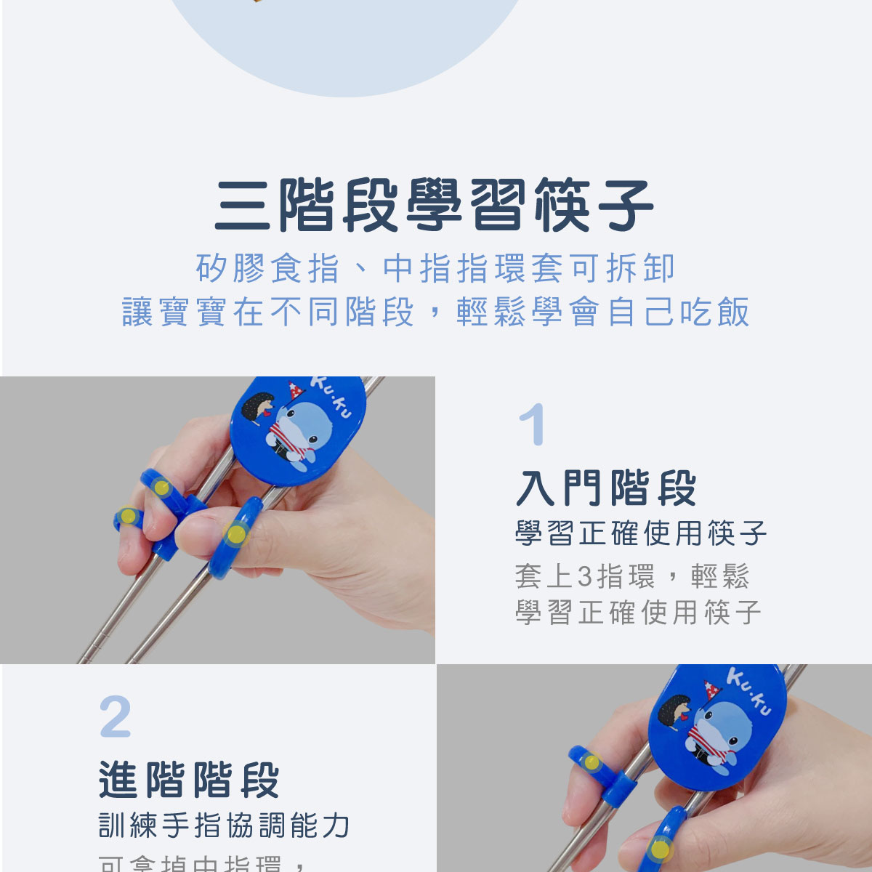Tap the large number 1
click(532, 425)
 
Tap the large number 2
click(116, 717)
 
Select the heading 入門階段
click(607, 488)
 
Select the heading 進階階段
click(190, 780)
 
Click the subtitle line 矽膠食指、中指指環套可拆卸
click(435, 268)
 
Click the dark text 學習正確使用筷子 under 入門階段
click(641, 533)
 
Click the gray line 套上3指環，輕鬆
click(631, 576)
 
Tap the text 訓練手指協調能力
click(225, 825)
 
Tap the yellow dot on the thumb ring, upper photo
click(235, 535)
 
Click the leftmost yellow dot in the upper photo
click(128, 517)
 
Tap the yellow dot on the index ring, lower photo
click(592, 762)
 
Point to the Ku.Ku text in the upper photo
click(331, 397)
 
